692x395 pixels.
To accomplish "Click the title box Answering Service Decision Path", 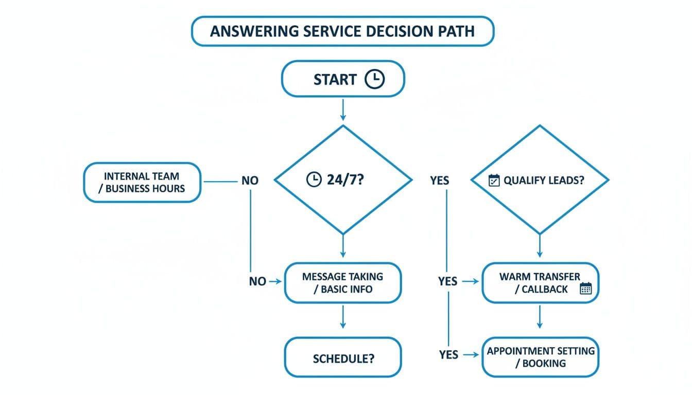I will click(342, 31).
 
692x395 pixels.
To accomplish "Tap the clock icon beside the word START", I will click(374, 79).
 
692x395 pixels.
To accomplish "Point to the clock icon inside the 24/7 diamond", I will click(313, 180).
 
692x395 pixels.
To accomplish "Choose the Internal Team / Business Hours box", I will click(142, 182).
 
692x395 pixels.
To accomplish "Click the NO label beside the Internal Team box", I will click(250, 181).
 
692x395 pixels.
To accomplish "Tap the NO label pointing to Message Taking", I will click(257, 281).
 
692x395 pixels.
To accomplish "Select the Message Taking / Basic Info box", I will click(342, 282).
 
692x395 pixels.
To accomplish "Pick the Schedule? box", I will click(343, 358).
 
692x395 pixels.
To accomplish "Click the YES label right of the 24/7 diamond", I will click(439, 181).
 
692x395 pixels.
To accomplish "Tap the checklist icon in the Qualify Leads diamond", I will click(494, 181).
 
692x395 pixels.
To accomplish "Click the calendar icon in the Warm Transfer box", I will click(586, 289).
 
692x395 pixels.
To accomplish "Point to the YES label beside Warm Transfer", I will click(447, 281).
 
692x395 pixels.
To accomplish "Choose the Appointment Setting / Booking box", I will click(540, 357).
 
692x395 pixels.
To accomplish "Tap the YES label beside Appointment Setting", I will click(448, 354).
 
